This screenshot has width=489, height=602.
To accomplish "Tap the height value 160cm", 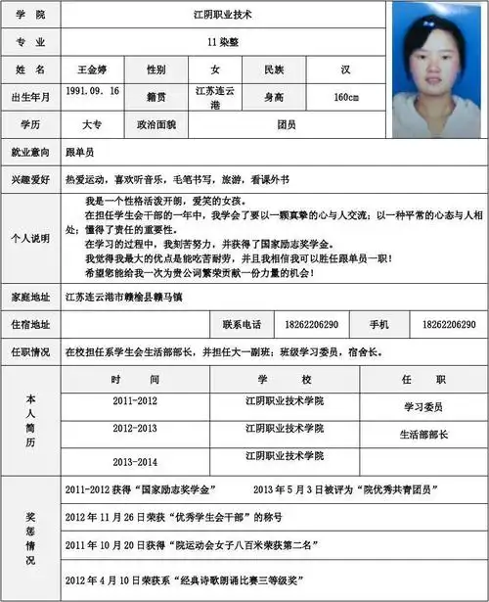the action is (x=346, y=97).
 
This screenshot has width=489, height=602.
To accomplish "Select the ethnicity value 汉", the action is (x=346, y=70).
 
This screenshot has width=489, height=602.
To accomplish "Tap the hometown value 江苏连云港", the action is (x=216, y=97).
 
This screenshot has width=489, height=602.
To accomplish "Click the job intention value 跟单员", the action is (x=80, y=154).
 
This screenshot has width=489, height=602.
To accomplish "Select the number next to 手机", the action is (x=449, y=324).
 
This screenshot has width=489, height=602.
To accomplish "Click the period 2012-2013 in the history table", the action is (x=135, y=429).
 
